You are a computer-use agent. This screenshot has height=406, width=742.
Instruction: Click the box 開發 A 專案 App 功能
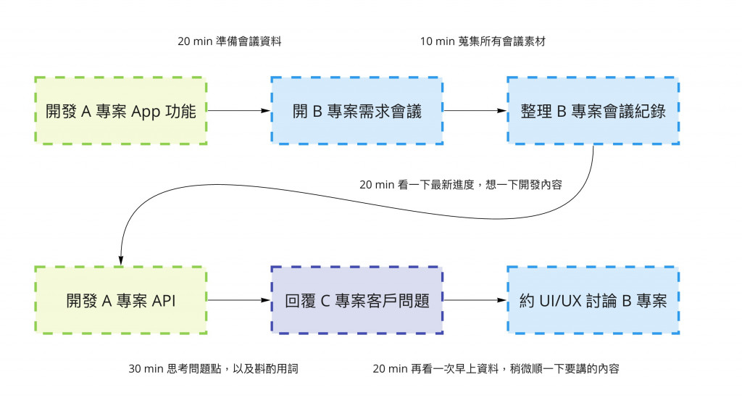point(120,110)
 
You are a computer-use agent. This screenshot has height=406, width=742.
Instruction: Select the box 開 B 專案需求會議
point(357,110)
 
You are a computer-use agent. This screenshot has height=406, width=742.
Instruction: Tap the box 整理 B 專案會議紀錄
point(593,110)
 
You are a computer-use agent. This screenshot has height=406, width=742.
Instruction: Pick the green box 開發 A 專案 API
point(120,299)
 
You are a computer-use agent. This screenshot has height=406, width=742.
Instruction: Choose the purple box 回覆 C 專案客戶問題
point(357,299)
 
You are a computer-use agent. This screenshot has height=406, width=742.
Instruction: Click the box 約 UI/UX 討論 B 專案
point(593,299)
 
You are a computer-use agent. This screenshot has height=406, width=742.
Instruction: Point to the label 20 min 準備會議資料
point(229,41)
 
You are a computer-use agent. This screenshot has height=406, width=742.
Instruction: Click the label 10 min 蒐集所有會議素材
point(482,41)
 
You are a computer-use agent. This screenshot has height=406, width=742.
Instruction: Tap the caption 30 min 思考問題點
point(213,368)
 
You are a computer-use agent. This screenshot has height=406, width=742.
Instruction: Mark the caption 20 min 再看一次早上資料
point(496,368)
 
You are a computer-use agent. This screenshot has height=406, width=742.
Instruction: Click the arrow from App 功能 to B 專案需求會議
point(238,110)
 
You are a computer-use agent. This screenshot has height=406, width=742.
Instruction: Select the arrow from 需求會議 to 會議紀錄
point(475,110)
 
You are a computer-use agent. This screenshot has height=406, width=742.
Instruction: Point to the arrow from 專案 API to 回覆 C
point(238,299)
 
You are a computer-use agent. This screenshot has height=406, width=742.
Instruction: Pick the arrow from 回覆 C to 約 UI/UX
point(475,299)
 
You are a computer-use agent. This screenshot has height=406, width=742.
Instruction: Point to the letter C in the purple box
point(329,300)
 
